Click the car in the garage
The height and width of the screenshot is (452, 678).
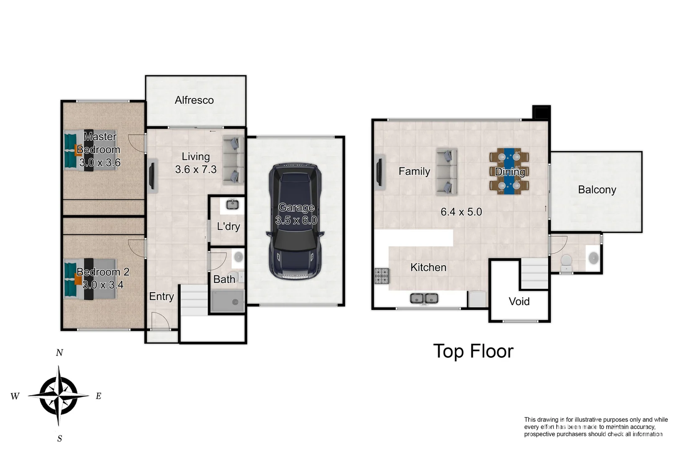[295, 222]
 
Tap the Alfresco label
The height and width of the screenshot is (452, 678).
[194, 100]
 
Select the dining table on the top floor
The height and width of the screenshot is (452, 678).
[509, 171]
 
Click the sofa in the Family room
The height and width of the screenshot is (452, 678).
[447, 172]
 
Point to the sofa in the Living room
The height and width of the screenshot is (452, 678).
[233, 160]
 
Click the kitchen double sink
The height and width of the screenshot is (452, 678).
[424, 298]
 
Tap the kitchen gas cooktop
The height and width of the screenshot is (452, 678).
[381, 276]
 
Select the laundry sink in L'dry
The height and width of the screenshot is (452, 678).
[232, 205]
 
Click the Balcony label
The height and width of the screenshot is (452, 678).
[597, 190]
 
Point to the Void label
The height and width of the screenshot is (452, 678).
[519, 301]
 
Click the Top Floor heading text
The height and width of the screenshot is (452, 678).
[473, 351]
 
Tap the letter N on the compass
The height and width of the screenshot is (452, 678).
[59, 353]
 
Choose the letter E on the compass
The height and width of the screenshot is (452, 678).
[99, 396]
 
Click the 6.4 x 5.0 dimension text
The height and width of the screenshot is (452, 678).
[461, 212]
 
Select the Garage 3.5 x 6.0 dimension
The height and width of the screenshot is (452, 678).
[296, 220]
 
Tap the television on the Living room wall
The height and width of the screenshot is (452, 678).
[152, 176]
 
